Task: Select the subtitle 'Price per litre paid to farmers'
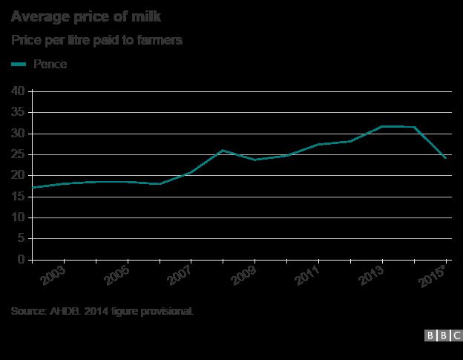[x=97, y=40]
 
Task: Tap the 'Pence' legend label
[x=50, y=65]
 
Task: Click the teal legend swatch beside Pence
[x=19, y=65]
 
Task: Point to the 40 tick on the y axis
[x=19, y=91]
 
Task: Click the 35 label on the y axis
[x=19, y=112]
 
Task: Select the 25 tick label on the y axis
[x=19, y=154]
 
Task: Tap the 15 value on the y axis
[x=19, y=197]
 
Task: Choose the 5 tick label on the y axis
[x=22, y=239]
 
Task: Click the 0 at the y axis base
[x=22, y=260]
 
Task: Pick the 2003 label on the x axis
[x=54, y=277]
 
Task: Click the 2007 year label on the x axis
[x=181, y=277]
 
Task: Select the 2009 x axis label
[x=245, y=277]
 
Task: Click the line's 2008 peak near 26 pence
[x=223, y=150]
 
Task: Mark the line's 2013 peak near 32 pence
[x=382, y=126]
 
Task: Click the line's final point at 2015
[x=445, y=158]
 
